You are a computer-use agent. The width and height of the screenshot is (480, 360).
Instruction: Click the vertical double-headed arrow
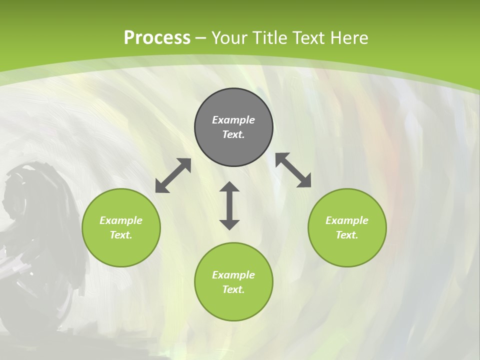pyautogui.click(x=229, y=205)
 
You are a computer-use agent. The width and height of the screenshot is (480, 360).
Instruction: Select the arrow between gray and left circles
pyautogui.click(x=173, y=175)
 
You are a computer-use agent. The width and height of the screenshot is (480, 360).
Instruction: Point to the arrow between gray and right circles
pyautogui.click(x=293, y=170)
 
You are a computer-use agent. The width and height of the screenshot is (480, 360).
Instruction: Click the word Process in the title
pyautogui.click(x=157, y=38)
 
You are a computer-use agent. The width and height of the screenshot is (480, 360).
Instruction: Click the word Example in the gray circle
pyautogui.click(x=233, y=120)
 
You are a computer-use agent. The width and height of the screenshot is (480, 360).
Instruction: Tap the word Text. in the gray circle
pyautogui.click(x=233, y=134)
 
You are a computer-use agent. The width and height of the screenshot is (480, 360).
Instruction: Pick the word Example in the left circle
pyautogui.click(x=121, y=220)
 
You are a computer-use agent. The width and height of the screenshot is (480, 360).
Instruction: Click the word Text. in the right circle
pyautogui.click(x=347, y=235)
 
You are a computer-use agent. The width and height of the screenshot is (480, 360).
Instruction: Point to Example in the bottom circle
pyautogui.click(x=233, y=275)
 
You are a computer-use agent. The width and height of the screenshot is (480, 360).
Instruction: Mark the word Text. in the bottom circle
pyautogui.click(x=233, y=289)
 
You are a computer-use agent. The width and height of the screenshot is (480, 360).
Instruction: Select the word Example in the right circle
pyautogui.click(x=347, y=220)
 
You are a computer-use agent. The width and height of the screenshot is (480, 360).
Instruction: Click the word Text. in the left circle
pyautogui.click(x=121, y=235)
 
